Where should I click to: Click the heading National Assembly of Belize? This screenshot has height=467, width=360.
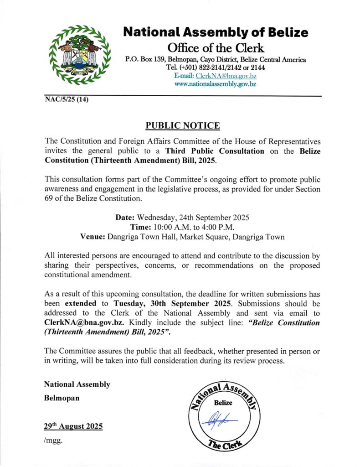216,32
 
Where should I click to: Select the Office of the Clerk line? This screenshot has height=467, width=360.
216,47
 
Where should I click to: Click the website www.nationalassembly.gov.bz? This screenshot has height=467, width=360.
215,84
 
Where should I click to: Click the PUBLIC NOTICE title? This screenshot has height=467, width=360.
176,125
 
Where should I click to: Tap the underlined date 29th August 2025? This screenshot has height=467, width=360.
73,426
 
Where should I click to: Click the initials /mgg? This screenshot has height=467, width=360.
53,440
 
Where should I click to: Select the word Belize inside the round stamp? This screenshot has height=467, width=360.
223,403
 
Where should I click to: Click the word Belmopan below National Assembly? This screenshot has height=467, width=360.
62,398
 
